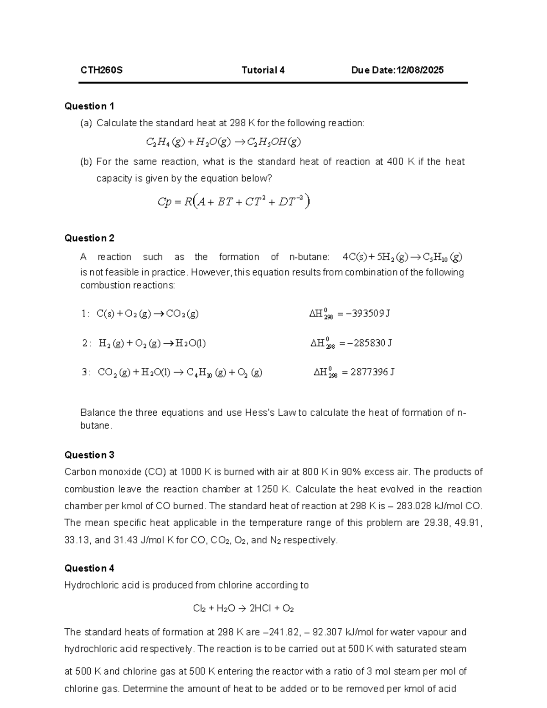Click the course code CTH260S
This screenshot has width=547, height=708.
[101, 70]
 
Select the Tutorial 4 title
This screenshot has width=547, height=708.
[263, 70]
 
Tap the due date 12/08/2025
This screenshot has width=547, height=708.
[420, 70]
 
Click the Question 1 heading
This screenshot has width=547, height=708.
[89, 106]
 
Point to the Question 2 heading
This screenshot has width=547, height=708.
[89, 238]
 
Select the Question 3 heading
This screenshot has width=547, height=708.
[89, 455]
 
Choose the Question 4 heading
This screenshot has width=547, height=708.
[89, 568]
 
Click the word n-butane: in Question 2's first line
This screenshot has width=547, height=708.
[309, 257]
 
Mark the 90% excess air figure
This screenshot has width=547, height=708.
[354, 472]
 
